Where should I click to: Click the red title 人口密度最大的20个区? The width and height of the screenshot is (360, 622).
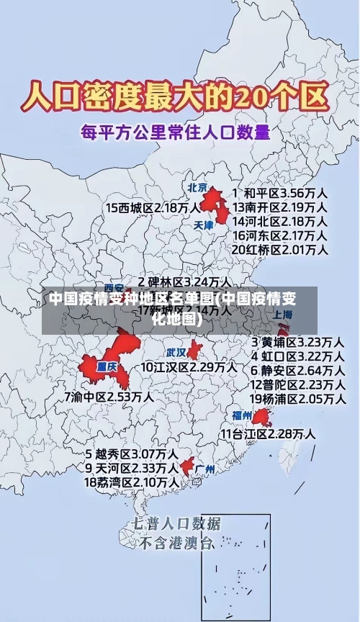175,95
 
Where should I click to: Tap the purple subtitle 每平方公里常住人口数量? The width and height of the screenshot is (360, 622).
175,132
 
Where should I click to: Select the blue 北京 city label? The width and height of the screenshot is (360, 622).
197,187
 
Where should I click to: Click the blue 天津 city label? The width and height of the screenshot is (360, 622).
204,225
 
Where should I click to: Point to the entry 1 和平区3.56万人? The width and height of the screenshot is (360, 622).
280,193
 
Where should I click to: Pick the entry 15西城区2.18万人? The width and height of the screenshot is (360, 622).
153,207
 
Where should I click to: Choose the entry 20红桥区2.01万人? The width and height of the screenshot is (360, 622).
280,250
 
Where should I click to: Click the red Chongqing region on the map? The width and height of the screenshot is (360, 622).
108,364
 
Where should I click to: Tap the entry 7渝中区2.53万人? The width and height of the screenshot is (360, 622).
109,396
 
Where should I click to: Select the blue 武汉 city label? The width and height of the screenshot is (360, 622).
176,353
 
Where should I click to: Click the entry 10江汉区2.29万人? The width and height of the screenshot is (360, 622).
189,367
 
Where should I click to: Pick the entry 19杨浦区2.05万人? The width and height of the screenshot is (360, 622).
297,399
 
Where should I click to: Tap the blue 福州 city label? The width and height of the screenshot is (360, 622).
241,415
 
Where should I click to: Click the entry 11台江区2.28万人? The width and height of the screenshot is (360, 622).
267,433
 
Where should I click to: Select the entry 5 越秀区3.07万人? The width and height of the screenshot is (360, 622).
132,454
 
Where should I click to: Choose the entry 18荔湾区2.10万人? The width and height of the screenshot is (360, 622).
132,482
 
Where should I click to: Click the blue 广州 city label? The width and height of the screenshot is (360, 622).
204,469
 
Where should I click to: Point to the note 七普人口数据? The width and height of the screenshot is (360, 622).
177,523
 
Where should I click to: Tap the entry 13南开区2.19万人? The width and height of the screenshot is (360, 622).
280,207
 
